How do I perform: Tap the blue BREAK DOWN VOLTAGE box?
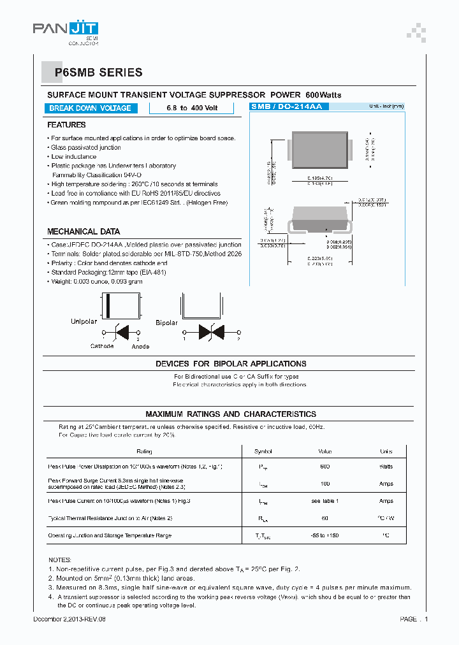click(x=90, y=108)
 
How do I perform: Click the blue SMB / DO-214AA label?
click(x=286, y=106)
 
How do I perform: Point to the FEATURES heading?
click(x=66, y=125)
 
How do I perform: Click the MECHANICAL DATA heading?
click(x=84, y=231)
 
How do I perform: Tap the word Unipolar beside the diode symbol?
click(x=84, y=322)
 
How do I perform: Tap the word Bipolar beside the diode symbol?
click(x=166, y=323)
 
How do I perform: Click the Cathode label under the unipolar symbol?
click(x=102, y=346)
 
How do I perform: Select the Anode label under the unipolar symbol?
click(x=140, y=346)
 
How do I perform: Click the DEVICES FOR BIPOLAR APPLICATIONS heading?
click(x=231, y=363)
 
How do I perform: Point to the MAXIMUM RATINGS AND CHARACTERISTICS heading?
click(x=230, y=414)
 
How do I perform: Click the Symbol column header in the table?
click(x=263, y=451)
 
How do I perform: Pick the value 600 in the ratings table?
click(x=324, y=467)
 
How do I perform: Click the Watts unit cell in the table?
click(x=386, y=467)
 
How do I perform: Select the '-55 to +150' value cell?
click(x=324, y=535)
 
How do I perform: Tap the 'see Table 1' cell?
click(x=324, y=501)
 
